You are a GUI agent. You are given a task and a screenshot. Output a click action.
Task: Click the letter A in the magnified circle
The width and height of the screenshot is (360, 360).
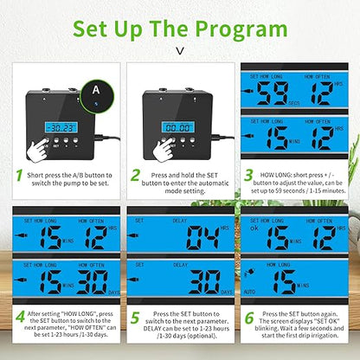(96, 88)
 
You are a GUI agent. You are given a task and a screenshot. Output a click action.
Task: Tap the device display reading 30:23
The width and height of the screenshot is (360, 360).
(61, 126)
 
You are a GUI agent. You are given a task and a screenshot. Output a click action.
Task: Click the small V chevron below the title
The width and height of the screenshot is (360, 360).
(179, 50)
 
